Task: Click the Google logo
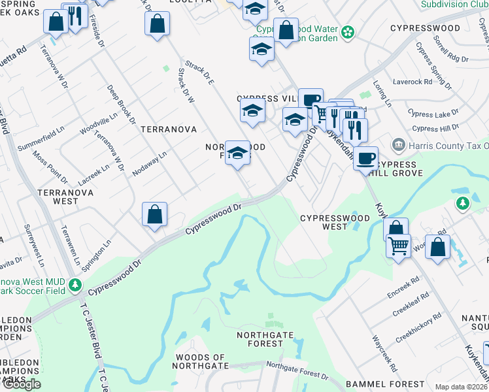click(x=22, y=384)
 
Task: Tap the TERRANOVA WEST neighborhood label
click(x=65, y=197)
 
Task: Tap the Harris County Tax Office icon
click(x=397, y=144)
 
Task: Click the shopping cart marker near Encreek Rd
click(x=397, y=246)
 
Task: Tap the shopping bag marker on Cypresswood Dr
click(x=154, y=214)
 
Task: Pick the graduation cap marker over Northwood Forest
click(x=238, y=153)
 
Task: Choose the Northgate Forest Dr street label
click(x=297, y=371)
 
